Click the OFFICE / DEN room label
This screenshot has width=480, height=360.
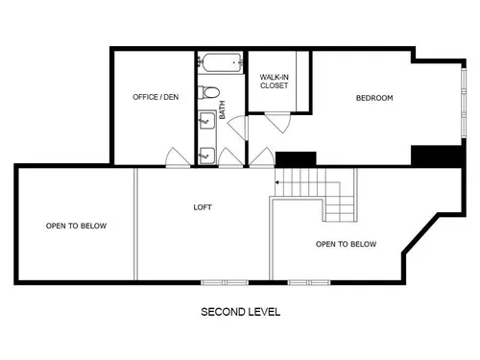pyautogui.click(x=156, y=97)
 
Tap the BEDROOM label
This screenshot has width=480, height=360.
pyautogui.click(x=374, y=98)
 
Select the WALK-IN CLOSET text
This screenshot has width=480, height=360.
pyautogui.click(x=274, y=82)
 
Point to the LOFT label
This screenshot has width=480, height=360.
pyautogui.click(x=203, y=207)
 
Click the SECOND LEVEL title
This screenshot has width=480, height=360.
pyautogui.click(x=240, y=312)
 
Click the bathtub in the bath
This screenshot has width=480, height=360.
pyautogui.click(x=221, y=62)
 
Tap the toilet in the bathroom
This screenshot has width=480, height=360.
pyautogui.click(x=208, y=92)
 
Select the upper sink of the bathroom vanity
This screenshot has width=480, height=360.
pyautogui.click(x=207, y=120)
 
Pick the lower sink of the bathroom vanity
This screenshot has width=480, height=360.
pyautogui.click(x=207, y=156)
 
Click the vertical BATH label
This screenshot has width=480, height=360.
pyautogui.click(x=222, y=109)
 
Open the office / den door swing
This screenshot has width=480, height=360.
pyautogui.click(x=178, y=157)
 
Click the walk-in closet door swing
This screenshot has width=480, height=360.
pyautogui.click(x=278, y=123)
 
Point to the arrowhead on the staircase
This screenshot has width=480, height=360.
pyautogui.click(x=276, y=182)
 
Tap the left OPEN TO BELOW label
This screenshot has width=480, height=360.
pyautogui.click(x=76, y=226)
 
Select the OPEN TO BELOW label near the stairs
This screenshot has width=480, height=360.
pyautogui.click(x=346, y=244)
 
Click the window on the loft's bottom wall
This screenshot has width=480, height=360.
pyautogui.click(x=225, y=282)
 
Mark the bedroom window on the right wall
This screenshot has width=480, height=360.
pyautogui.click(x=464, y=103)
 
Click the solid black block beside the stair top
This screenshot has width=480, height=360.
pyautogui.click(x=296, y=159)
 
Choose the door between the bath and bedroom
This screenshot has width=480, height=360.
pyautogui.click(x=238, y=128)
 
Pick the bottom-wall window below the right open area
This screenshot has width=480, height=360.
pyautogui.click(x=309, y=282)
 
